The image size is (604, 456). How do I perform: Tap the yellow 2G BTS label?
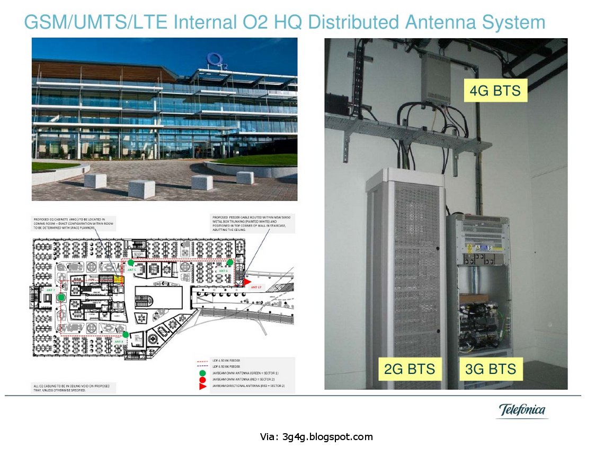410,369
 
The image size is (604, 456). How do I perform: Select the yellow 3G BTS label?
490,369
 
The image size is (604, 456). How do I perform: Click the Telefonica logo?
522,410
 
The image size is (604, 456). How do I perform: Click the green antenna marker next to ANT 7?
61,297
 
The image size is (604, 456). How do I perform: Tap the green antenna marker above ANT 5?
131,262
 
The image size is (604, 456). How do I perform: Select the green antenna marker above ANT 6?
230,262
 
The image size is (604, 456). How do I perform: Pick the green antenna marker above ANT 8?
125,334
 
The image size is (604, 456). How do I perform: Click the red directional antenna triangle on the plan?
247,283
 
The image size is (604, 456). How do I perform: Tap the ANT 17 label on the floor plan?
256,287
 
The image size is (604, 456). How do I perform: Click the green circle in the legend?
202,373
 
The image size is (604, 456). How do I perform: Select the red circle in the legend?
202,380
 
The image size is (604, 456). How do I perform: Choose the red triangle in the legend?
202,387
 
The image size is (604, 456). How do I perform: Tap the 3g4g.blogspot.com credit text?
316,437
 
